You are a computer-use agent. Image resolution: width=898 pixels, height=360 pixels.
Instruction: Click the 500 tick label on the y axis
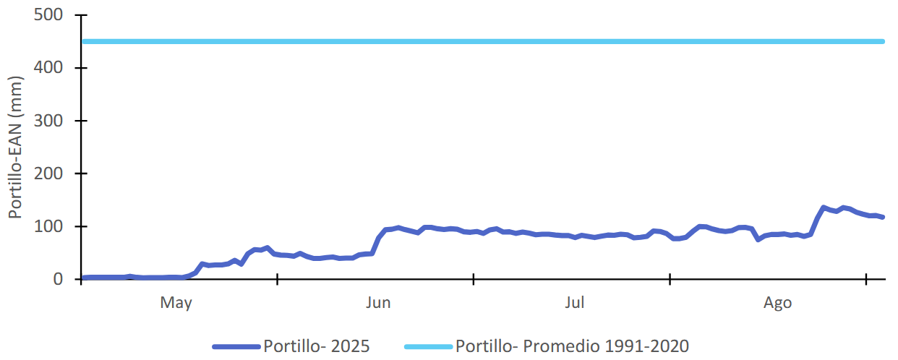49,15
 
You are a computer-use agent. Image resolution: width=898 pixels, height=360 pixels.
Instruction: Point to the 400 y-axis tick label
49,68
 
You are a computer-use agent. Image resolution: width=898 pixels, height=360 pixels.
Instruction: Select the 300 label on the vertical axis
49,121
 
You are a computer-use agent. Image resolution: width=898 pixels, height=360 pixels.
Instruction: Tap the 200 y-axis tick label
49,173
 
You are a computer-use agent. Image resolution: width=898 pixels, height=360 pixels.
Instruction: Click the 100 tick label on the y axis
49,226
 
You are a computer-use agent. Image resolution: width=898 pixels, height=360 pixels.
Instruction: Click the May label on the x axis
176,303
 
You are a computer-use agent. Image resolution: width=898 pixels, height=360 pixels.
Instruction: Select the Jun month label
378,303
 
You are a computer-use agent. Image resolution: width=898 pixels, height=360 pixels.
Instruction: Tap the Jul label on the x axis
575,303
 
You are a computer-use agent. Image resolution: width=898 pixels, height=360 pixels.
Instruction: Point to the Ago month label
778,303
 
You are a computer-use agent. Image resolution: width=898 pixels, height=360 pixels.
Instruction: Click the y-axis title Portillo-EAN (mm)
15,147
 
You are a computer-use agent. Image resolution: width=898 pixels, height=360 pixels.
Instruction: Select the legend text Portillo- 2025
317,346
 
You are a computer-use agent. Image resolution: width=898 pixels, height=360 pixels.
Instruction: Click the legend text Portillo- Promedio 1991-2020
572,346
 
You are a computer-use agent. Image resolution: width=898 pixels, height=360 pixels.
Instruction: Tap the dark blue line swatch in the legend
236,347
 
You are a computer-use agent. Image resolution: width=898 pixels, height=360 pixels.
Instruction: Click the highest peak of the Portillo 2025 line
824,208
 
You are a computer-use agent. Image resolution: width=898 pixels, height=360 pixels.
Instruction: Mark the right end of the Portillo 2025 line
883,217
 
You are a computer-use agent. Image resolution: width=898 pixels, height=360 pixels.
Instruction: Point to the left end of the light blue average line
84,41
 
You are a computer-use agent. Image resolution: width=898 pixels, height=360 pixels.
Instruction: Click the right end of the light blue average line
883,41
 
